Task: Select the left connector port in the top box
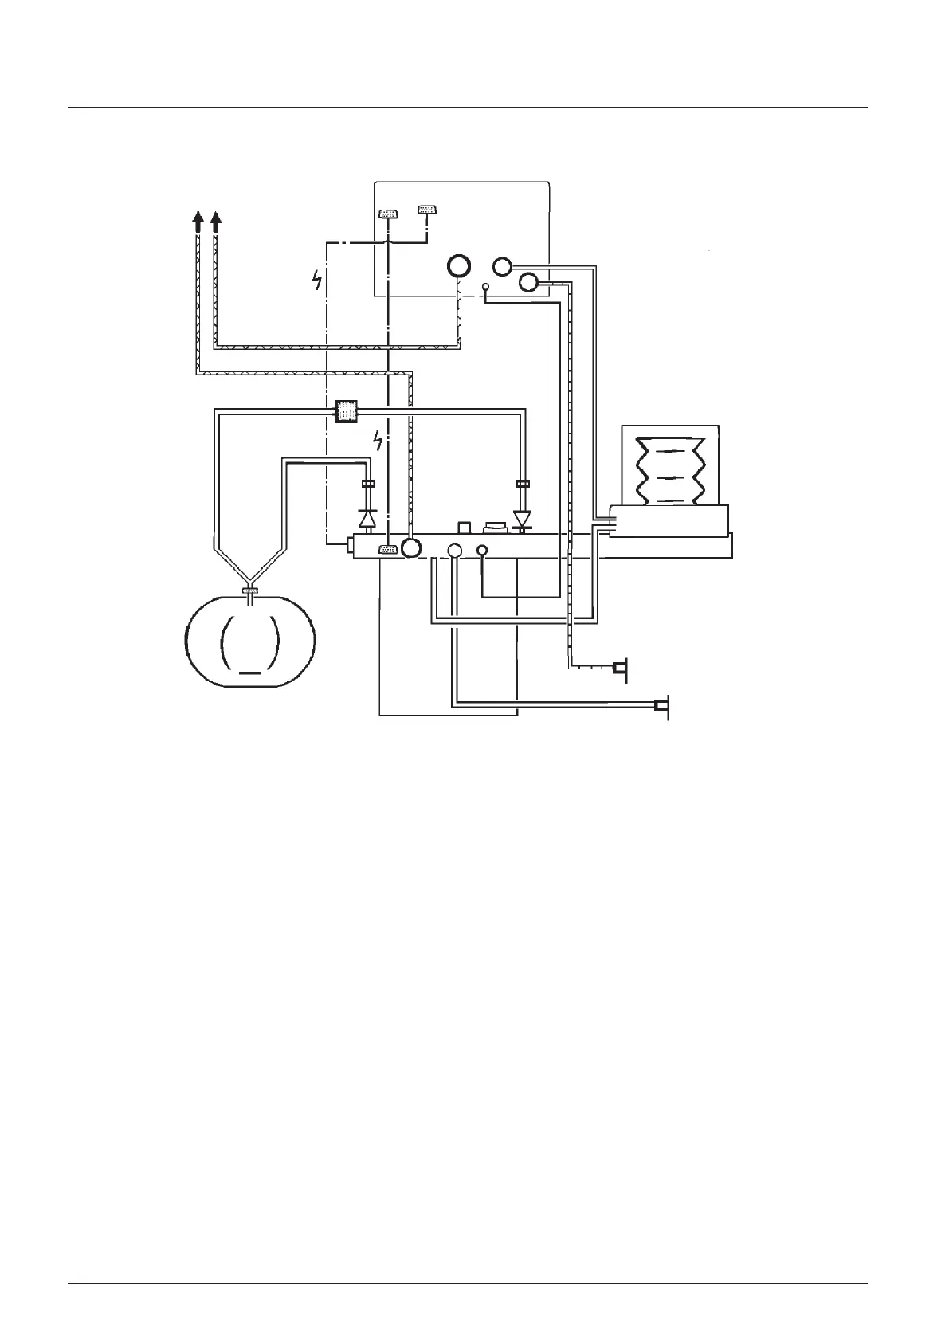[387, 214]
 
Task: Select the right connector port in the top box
[428, 210]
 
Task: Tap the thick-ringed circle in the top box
[459, 265]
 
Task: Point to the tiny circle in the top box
[485, 286]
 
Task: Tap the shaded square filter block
[346, 412]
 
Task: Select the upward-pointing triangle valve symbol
[367, 519]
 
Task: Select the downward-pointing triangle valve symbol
[523, 520]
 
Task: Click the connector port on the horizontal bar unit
[388, 549]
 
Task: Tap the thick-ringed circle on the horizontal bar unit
[411, 548]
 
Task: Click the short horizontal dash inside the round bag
[250, 672]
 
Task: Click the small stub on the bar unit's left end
[350, 545]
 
